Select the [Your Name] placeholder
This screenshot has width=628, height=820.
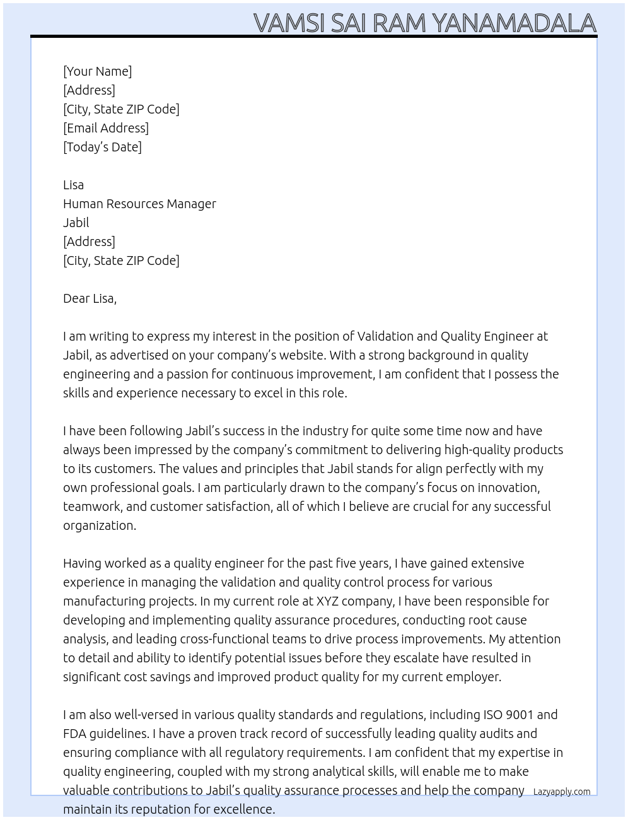[x=97, y=71]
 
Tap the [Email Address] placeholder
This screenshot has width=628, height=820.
[x=106, y=128]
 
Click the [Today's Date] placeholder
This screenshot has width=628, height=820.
[x=102, y=147]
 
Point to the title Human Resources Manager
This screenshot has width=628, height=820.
[x=139, y=204]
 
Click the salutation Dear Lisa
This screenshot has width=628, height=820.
[x=90, y=298]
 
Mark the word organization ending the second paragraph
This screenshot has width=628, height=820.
[x=99, y=525]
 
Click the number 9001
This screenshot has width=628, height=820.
[x=519, y=715]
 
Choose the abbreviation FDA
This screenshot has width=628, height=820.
[x=74, y=734]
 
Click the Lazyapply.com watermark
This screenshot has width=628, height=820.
[x=562, y=792]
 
